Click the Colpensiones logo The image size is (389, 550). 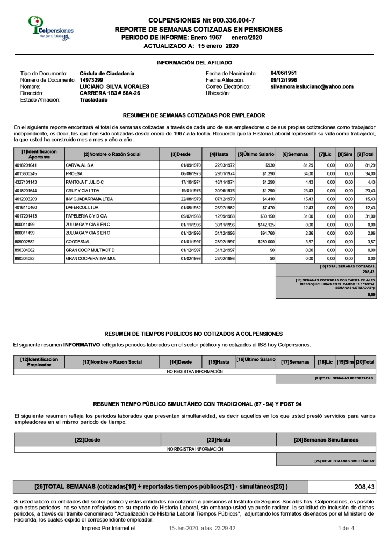(x=52, y=28)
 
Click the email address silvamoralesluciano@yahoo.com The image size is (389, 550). (x=312, y=86)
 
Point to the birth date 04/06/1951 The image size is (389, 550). (x=284, y=73)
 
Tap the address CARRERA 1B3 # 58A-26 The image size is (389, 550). (x=110, y=93)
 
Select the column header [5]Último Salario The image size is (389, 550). (x=256, y=155)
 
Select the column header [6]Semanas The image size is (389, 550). (x=295, y=155)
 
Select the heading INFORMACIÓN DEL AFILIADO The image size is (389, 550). (x=195, y=63)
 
